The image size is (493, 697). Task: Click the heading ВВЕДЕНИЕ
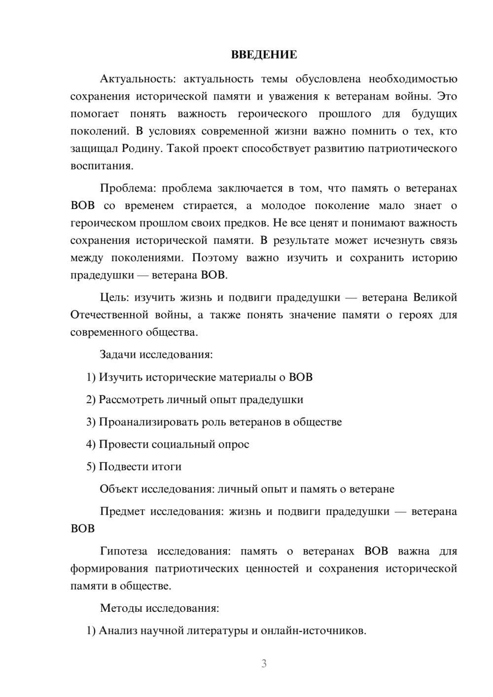(264, 55)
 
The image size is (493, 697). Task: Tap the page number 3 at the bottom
(264, 663)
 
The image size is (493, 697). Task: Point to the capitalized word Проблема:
(127, 188)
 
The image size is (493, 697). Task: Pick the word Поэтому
(214, 258)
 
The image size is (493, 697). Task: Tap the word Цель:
(114, 297)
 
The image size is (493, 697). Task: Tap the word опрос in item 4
(233, 444)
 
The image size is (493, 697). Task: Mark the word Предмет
(122, 511)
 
